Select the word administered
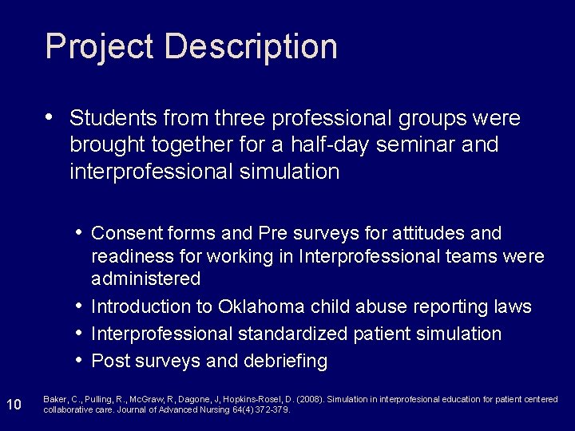pyautogui.click(x=146, y=279)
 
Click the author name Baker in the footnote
pyautogui.click(x=54, y=399)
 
